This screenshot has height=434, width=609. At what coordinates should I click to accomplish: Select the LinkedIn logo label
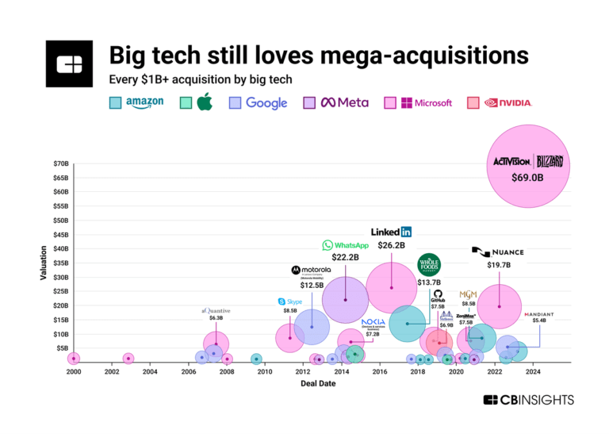[x=392, y=232]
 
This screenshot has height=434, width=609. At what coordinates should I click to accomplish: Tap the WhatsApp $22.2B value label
[x=345, y=258]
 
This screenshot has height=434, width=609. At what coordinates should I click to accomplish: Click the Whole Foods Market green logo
[x=429, y=265]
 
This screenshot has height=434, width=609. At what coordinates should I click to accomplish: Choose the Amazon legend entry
[x=136, y=102]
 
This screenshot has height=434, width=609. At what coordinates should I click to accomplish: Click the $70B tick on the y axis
[x=60, y=163]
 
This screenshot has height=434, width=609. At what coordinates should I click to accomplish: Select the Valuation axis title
[x=44, y=263]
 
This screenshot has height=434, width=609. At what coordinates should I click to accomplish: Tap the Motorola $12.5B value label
[x=312, y=284]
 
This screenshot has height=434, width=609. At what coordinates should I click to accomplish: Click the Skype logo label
[x=289, y=301]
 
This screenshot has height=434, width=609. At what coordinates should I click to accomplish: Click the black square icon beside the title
[x=70, y=63]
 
